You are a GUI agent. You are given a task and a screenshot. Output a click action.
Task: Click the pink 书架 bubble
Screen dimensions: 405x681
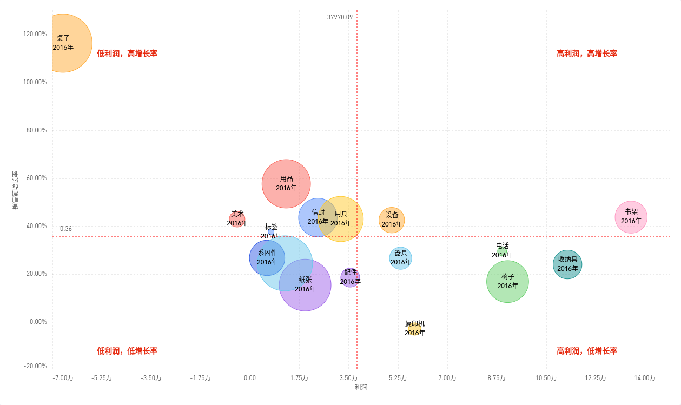tap(631, 217)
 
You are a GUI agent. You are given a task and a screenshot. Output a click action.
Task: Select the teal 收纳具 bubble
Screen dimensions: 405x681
tap(567, 264)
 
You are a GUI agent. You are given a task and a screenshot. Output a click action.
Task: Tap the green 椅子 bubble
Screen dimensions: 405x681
tap(507, 281)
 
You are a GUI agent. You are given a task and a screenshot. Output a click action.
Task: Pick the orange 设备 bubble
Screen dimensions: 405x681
tap(392, 220)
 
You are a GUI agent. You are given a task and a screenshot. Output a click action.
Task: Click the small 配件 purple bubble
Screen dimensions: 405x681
tap(350, 277)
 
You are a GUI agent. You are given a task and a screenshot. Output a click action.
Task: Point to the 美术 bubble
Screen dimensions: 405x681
tap(237, 218)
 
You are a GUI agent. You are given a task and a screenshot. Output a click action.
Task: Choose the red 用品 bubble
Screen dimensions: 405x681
tap(286, 183)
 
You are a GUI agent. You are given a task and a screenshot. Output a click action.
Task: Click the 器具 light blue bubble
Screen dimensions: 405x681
tap(400, 258)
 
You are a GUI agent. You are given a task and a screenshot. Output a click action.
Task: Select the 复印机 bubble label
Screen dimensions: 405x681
tap(415, 328)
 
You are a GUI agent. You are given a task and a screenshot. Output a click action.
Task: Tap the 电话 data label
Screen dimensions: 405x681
tap(502, 250)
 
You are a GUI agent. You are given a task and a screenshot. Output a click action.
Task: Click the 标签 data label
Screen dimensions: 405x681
tap(271, 231)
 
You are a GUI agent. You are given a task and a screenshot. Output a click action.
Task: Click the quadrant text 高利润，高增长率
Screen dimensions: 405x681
tap(587, 54)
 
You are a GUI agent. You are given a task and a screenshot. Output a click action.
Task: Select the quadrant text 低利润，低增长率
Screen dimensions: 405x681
tap(127, 351)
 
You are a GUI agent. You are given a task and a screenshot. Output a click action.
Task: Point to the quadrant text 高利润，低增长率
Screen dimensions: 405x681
tap(587, 351)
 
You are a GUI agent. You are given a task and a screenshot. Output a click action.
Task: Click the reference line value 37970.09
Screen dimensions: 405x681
tap(340, 17)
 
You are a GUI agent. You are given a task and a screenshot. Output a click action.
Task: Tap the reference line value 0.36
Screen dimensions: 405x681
tap(66, 229)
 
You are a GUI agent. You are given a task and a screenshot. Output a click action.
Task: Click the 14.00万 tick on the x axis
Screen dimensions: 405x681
tap(645, 378)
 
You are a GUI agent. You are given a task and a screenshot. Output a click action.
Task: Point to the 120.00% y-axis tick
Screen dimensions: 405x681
tap(35, 34)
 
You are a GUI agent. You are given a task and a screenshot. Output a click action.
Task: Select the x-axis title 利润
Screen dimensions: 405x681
tap(361, 388)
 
